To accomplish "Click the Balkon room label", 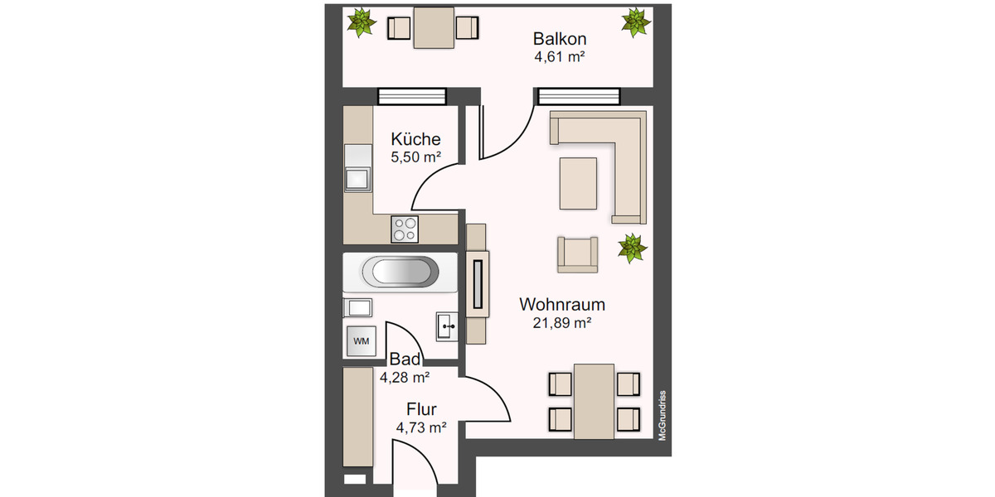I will click(561, 39).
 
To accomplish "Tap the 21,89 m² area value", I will click(561, 323).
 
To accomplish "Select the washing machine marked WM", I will click(361, 340).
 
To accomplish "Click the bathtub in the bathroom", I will click(401, 273).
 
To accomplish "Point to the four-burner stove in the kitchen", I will click(405, 229).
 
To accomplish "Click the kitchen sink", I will click(358, 178).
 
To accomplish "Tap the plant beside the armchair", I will click(632, 248).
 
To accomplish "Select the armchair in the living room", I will click(577, 253).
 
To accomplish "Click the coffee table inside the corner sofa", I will click(579, 182).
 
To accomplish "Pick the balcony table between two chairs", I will click(434, 28).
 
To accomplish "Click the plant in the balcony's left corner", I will click(361, 22).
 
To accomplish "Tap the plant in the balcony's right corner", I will click(634, 22).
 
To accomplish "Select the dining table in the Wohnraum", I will click(595, 401).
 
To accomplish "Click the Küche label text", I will click(415, 139).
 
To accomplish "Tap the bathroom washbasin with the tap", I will click(447, 326).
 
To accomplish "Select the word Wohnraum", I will click(561, 304).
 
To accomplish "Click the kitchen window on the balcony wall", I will click(411, 97).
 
